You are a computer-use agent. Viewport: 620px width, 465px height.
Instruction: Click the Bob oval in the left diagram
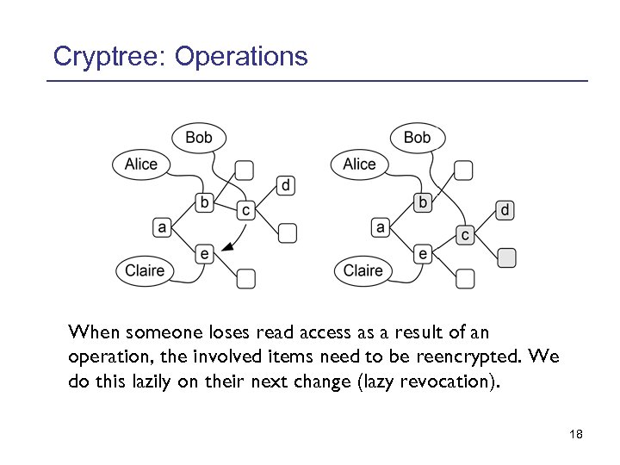pos(199,137)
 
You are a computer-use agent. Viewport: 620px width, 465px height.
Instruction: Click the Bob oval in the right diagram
pos(417,137)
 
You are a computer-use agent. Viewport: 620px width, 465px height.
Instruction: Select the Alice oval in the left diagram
pos(141,164)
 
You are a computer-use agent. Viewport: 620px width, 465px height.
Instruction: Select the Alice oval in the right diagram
pos(360,164)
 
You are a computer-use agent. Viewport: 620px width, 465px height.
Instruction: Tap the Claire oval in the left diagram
pos(145,270)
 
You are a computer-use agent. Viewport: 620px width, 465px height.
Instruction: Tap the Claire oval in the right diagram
pos(363,270)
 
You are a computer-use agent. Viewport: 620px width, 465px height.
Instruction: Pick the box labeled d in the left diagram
pos(287,185)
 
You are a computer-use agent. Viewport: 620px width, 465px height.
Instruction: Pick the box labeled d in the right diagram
pos(505,210)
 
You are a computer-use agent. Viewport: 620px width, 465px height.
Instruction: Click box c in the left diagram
pos(245,209)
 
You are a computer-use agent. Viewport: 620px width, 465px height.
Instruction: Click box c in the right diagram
pos(465,234)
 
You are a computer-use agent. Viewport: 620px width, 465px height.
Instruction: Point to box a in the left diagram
pos(162,227)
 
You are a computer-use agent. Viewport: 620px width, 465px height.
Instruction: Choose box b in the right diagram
pos(423,203)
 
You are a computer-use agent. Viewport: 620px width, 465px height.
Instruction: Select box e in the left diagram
pos(204,253)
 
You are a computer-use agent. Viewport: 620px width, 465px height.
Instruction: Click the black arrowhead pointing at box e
pos(226,248)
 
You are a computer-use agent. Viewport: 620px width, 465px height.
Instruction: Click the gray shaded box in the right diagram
pos(508,257)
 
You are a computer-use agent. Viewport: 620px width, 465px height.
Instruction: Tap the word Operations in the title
pos(240,57)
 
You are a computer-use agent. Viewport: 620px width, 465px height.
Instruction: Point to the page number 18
pos(576,435)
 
